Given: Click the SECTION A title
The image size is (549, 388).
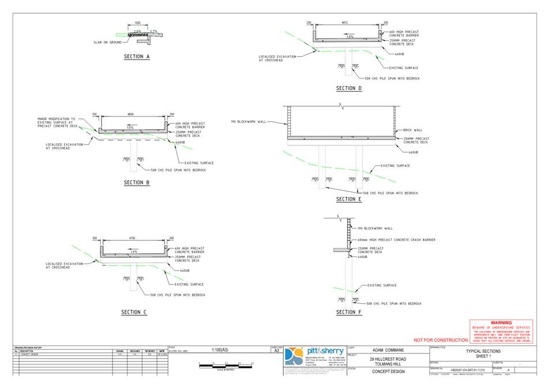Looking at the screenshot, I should [137, 57].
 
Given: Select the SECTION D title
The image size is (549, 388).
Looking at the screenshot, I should [349, 88].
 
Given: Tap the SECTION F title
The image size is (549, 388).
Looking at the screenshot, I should [349, 312].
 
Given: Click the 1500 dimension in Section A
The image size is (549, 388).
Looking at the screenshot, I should [137, 24].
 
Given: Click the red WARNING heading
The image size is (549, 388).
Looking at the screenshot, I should [501, 323].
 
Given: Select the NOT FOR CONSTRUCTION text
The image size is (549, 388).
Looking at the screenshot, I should [440, 341].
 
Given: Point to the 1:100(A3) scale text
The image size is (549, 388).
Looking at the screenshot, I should [221, 350].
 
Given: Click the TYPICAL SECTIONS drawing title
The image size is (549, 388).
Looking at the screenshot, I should [483, 351].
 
